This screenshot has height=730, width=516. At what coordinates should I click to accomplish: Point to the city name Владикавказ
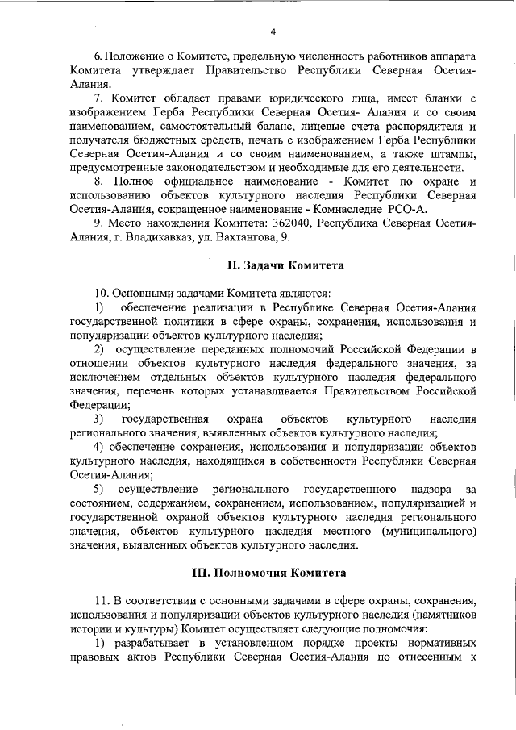pyautogui.click(x=157, y=237)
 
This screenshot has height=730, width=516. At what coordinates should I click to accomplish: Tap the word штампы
pyautogui.click(x=451, y=153)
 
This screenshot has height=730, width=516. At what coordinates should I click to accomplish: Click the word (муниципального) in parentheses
pyautogui.click(x=425, y=532)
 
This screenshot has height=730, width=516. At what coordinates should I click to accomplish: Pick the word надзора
pyautogui.click(x=431, y=490)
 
